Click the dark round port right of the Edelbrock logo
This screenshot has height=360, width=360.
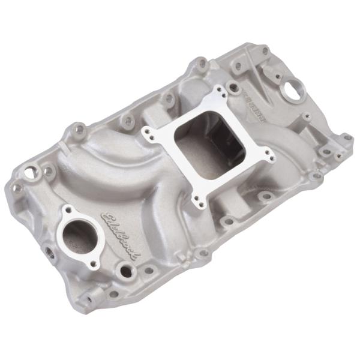click(x=125, y=271)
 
